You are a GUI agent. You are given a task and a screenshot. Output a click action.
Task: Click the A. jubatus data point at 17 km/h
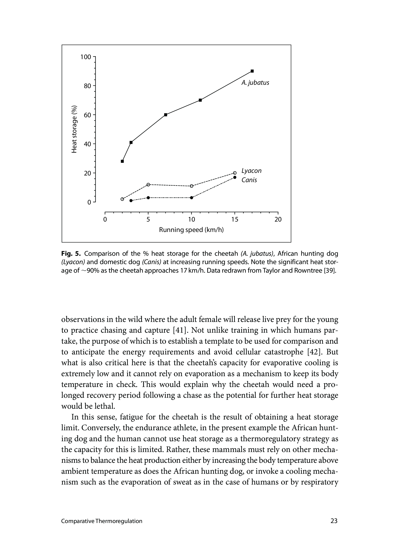(x=252, y=71)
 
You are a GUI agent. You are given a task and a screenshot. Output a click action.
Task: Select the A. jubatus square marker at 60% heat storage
(x=165, y=115)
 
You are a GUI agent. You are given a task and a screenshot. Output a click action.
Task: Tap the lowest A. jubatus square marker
(x=122, y=161)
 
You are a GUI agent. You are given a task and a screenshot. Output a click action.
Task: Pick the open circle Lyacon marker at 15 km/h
(x=234, y=173)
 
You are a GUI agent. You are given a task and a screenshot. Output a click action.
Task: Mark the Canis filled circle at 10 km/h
(x=192, y=198)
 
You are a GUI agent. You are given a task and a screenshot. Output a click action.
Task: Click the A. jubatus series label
(x=255, y=83)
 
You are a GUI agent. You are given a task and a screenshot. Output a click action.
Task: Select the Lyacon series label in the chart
(x=251, y=171)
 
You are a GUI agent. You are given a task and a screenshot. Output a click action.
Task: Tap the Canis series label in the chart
(x=249, y=180)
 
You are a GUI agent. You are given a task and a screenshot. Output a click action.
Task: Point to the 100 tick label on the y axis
(x=86, y=57)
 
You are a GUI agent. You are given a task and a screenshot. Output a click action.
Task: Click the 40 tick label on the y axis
(x=87, y=144)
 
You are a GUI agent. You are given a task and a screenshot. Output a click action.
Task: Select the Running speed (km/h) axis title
(x=191, y=230)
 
